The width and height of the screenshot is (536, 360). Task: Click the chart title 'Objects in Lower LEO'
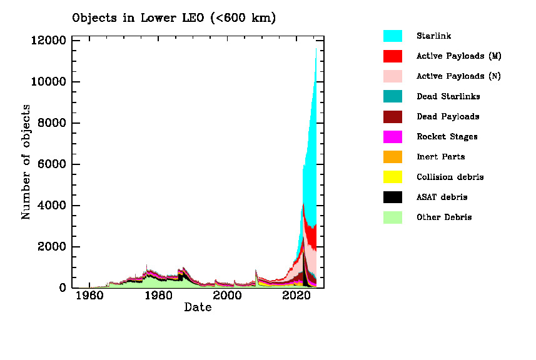point(174,18)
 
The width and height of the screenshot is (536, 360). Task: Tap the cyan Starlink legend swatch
point(392,36)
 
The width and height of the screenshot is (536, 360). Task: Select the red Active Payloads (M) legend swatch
point(392,56)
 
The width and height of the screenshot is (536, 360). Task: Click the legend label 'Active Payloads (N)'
point(458,76)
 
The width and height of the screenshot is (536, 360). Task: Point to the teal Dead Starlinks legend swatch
point(392,96)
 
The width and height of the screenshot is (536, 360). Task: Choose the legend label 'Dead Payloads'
point(448,117)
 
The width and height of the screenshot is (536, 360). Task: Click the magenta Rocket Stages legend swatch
point(392,137)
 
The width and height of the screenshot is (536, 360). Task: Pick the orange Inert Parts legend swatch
point(392,157)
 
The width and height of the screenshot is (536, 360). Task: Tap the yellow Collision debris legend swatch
point(392,177)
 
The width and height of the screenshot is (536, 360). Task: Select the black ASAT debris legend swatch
point(392,197)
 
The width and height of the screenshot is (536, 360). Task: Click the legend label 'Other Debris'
point(444,217)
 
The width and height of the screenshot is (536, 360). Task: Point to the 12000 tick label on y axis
point(48,41)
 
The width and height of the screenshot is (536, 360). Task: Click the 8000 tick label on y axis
point(51,123)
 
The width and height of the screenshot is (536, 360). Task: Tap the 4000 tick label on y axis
point(51,206)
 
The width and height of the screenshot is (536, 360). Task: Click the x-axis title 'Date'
point(198,307)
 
